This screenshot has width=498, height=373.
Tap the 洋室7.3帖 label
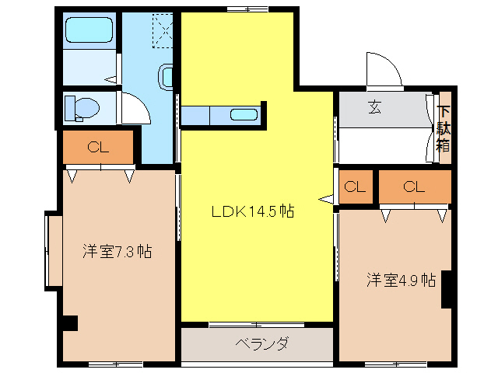click(x=117, y=252)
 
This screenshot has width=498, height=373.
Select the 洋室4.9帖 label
click(x=401, y=281)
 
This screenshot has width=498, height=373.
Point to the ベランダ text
click(x=262, y=343)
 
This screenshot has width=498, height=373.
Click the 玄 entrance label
click(x=374, y=108)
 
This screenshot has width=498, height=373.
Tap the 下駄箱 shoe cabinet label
click(x=443, y=128)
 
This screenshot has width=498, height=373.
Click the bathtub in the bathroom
click(x=89, y=30)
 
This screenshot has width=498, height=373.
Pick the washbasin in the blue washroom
click(x=167, y=77)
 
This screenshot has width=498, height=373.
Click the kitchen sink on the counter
click(x=244, y=116)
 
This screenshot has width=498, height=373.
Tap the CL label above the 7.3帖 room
click(x=97, y=147)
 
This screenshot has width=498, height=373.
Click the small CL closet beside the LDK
click(x=355, y=186)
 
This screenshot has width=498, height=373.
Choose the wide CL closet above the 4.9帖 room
click(x=414, y=186)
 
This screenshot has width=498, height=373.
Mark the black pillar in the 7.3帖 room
click(x=70, y=322)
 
